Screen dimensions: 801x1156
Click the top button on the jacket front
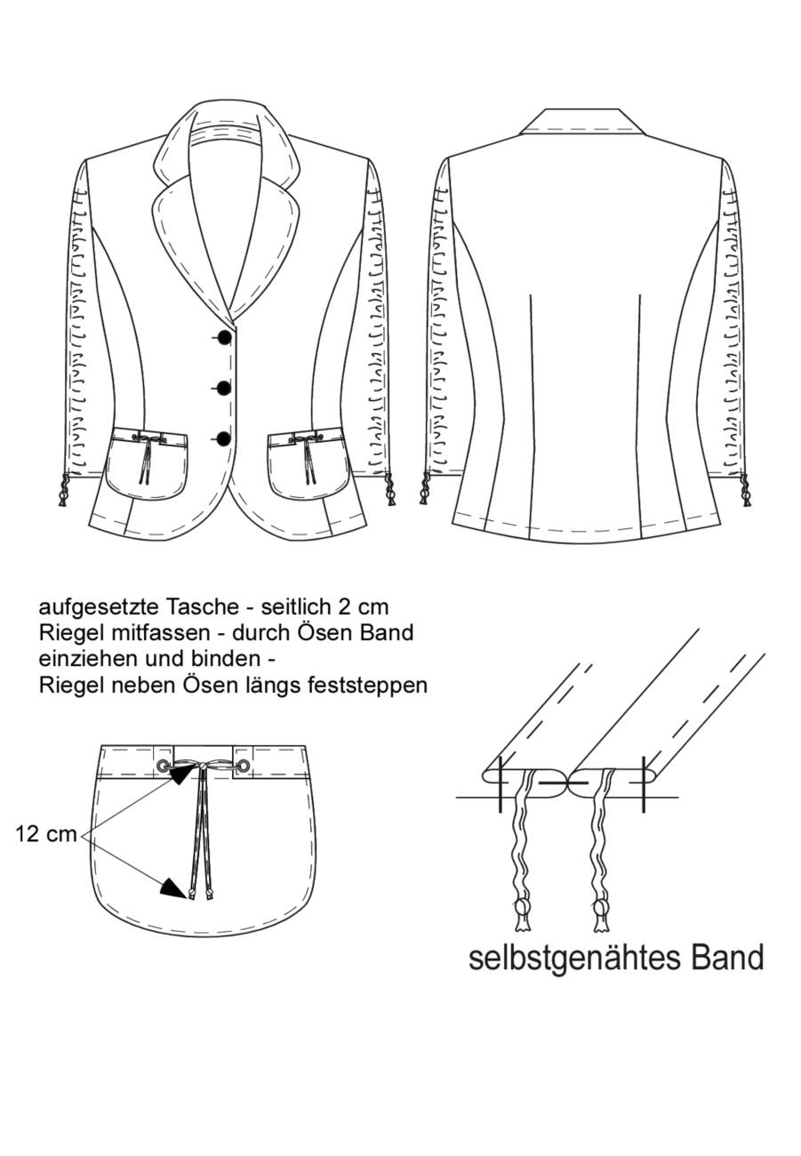(225, 337)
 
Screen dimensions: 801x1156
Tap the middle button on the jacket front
(225, 388)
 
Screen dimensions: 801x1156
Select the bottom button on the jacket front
(225, 438)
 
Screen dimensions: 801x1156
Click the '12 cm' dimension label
(46, 833)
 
